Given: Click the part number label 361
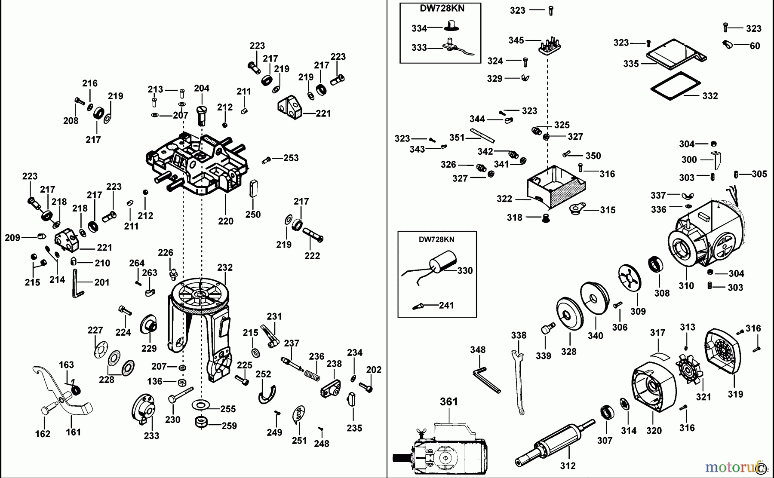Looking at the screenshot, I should (x=448, y=401).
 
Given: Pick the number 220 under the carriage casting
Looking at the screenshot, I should (x=225, y=221).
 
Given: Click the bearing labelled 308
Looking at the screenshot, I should (x=656, y=264).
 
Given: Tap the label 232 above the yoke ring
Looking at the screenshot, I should (x=224, y=267).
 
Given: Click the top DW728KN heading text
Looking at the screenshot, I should (x=440, y=8).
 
